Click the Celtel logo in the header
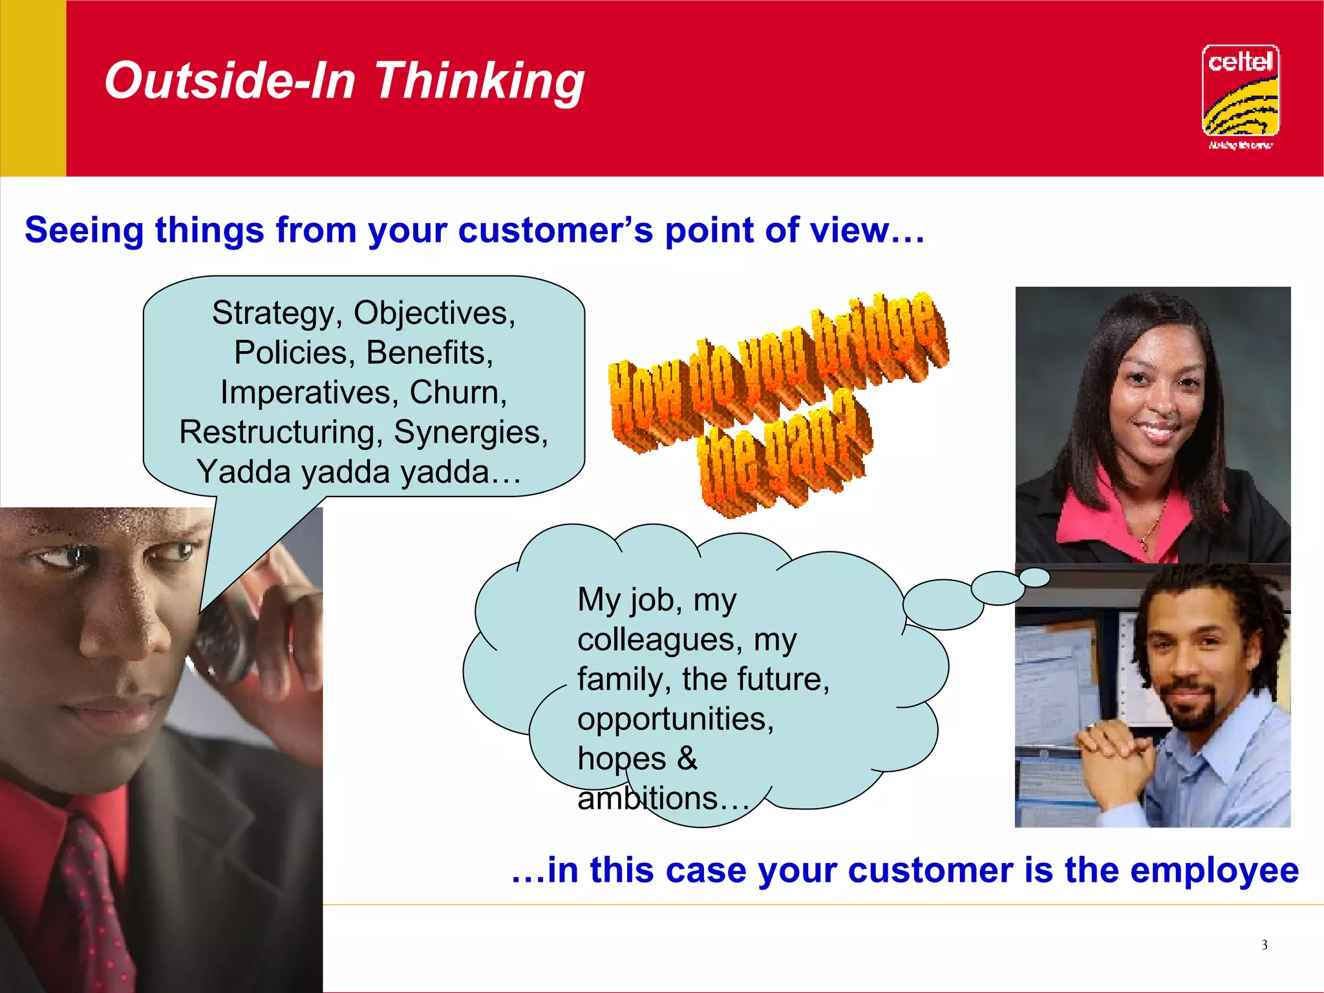point(1240,94)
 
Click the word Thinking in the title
point(479,81)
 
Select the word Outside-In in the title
point(230,80)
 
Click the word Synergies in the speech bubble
point(471,432)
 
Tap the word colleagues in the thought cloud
point(657,640)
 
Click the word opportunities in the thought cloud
point(675,720)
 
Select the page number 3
point(1264,945)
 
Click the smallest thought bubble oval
point(1035,577)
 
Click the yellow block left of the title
point(33,88)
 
